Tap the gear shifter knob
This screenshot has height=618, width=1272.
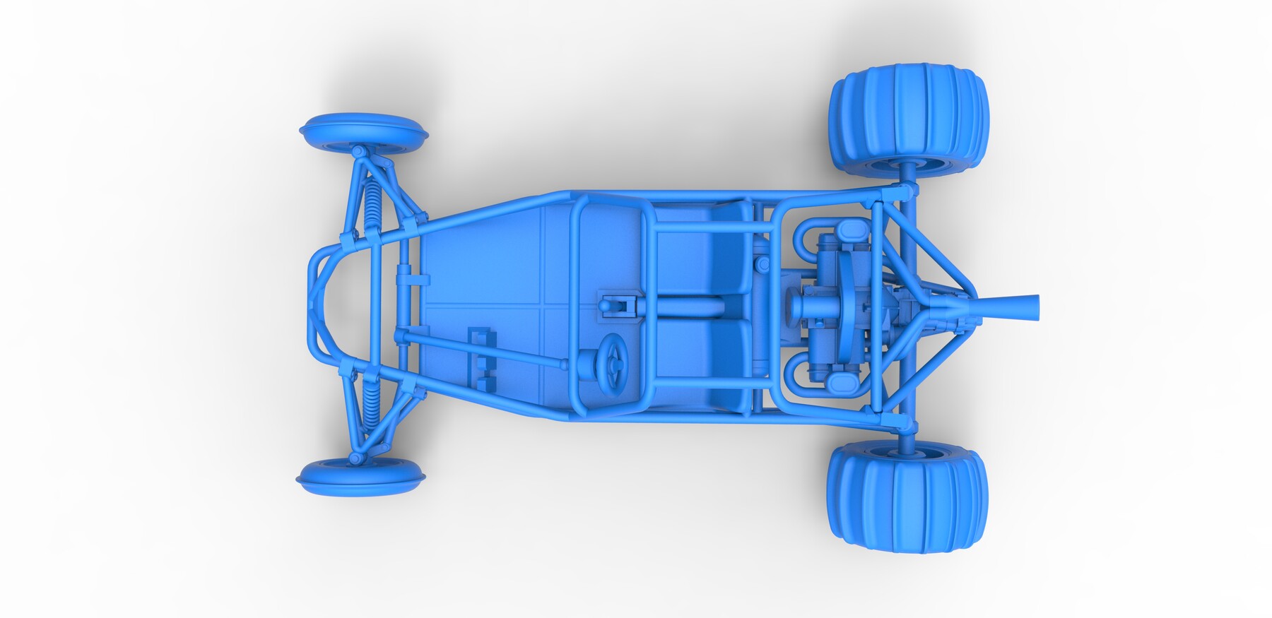(x=606, y=305)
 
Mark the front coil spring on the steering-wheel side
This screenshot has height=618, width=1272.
(x=370, y=402)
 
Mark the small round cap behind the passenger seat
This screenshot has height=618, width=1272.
(x=762, y=263)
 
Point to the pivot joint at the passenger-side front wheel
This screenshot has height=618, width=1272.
(x=358, y=150)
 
